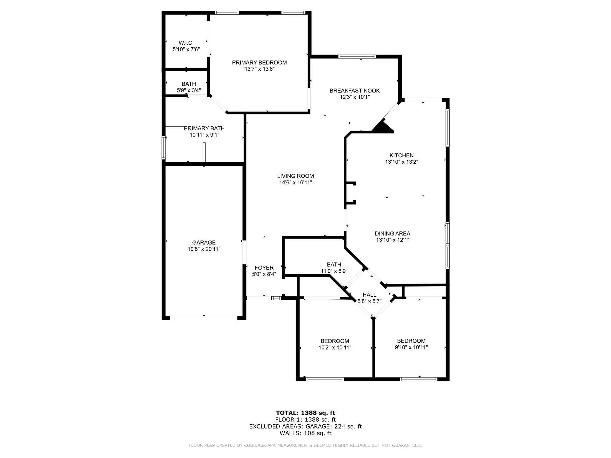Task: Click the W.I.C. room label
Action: [186, 43]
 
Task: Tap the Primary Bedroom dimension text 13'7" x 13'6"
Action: [260, 69]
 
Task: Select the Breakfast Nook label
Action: [354, 91]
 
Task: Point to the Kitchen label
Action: [402, 155]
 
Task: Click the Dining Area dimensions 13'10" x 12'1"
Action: [393, 240]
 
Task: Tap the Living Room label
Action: [295, 176]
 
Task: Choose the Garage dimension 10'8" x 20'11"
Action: [204, 249]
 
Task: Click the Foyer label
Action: [264, 268]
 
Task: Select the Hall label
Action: [369, 295]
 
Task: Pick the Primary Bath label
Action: [204, 128]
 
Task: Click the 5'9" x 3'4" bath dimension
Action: [189, 90]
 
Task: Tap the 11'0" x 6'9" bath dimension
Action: [334, 271]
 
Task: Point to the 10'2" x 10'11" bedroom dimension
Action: [335, 347]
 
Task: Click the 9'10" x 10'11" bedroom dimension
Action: [411, 347]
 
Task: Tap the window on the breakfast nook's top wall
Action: [357, 56]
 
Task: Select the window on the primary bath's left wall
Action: [163, 147]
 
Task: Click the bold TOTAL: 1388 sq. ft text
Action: [305, 413]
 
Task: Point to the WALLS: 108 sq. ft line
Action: [305, 433]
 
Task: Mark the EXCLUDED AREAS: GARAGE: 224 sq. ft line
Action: [305, 426]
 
